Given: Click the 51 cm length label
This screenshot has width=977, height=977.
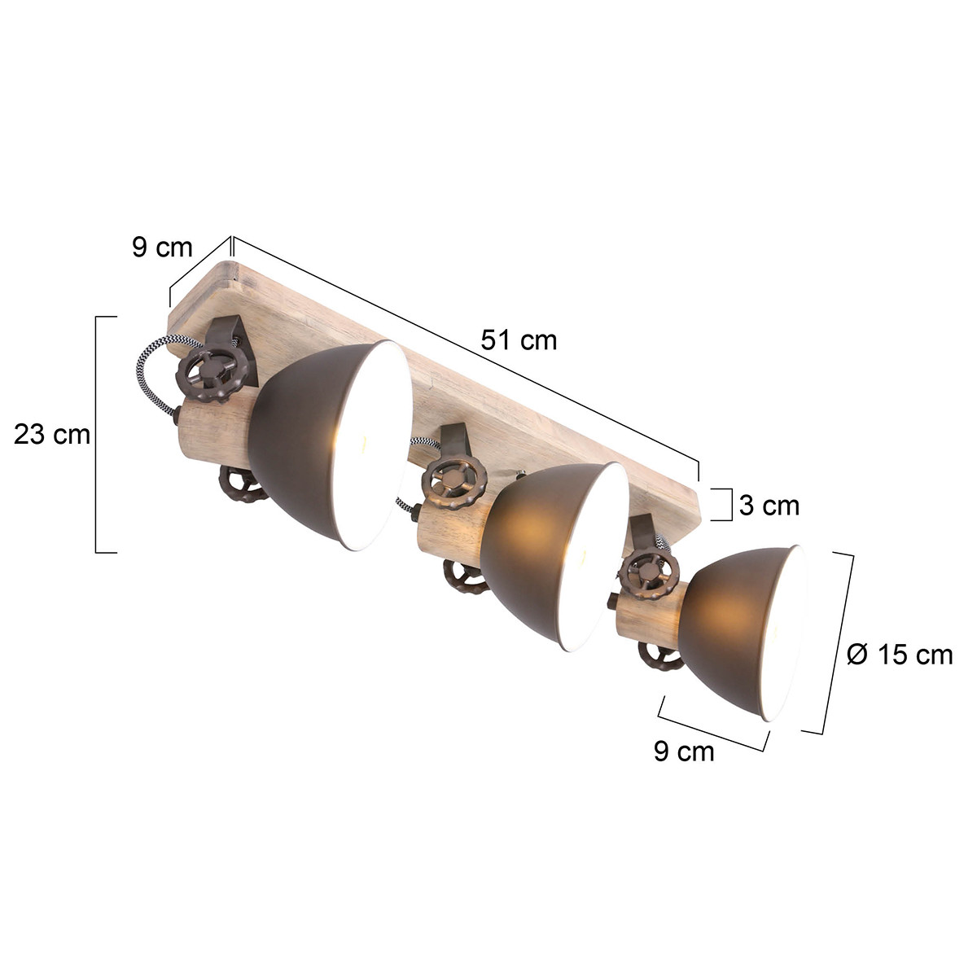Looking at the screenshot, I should tap(519, 340).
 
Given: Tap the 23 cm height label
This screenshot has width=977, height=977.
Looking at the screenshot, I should tap(52, 435).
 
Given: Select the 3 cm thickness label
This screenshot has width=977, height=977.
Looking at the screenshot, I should tap(769, 506).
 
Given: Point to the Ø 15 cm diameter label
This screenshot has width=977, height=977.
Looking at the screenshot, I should tap(899, 654).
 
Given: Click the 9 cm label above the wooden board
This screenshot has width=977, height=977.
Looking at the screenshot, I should tap(162, 248).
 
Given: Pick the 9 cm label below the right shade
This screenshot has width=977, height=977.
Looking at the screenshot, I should tap(683, 751).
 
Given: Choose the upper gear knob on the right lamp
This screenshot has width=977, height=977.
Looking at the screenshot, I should tap(648, 575).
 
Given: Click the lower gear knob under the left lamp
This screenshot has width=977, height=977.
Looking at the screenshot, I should tap(241, 486).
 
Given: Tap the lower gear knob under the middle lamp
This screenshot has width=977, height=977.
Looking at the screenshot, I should tap(464, 577).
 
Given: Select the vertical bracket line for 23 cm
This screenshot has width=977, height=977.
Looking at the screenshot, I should tap(97, 435).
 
